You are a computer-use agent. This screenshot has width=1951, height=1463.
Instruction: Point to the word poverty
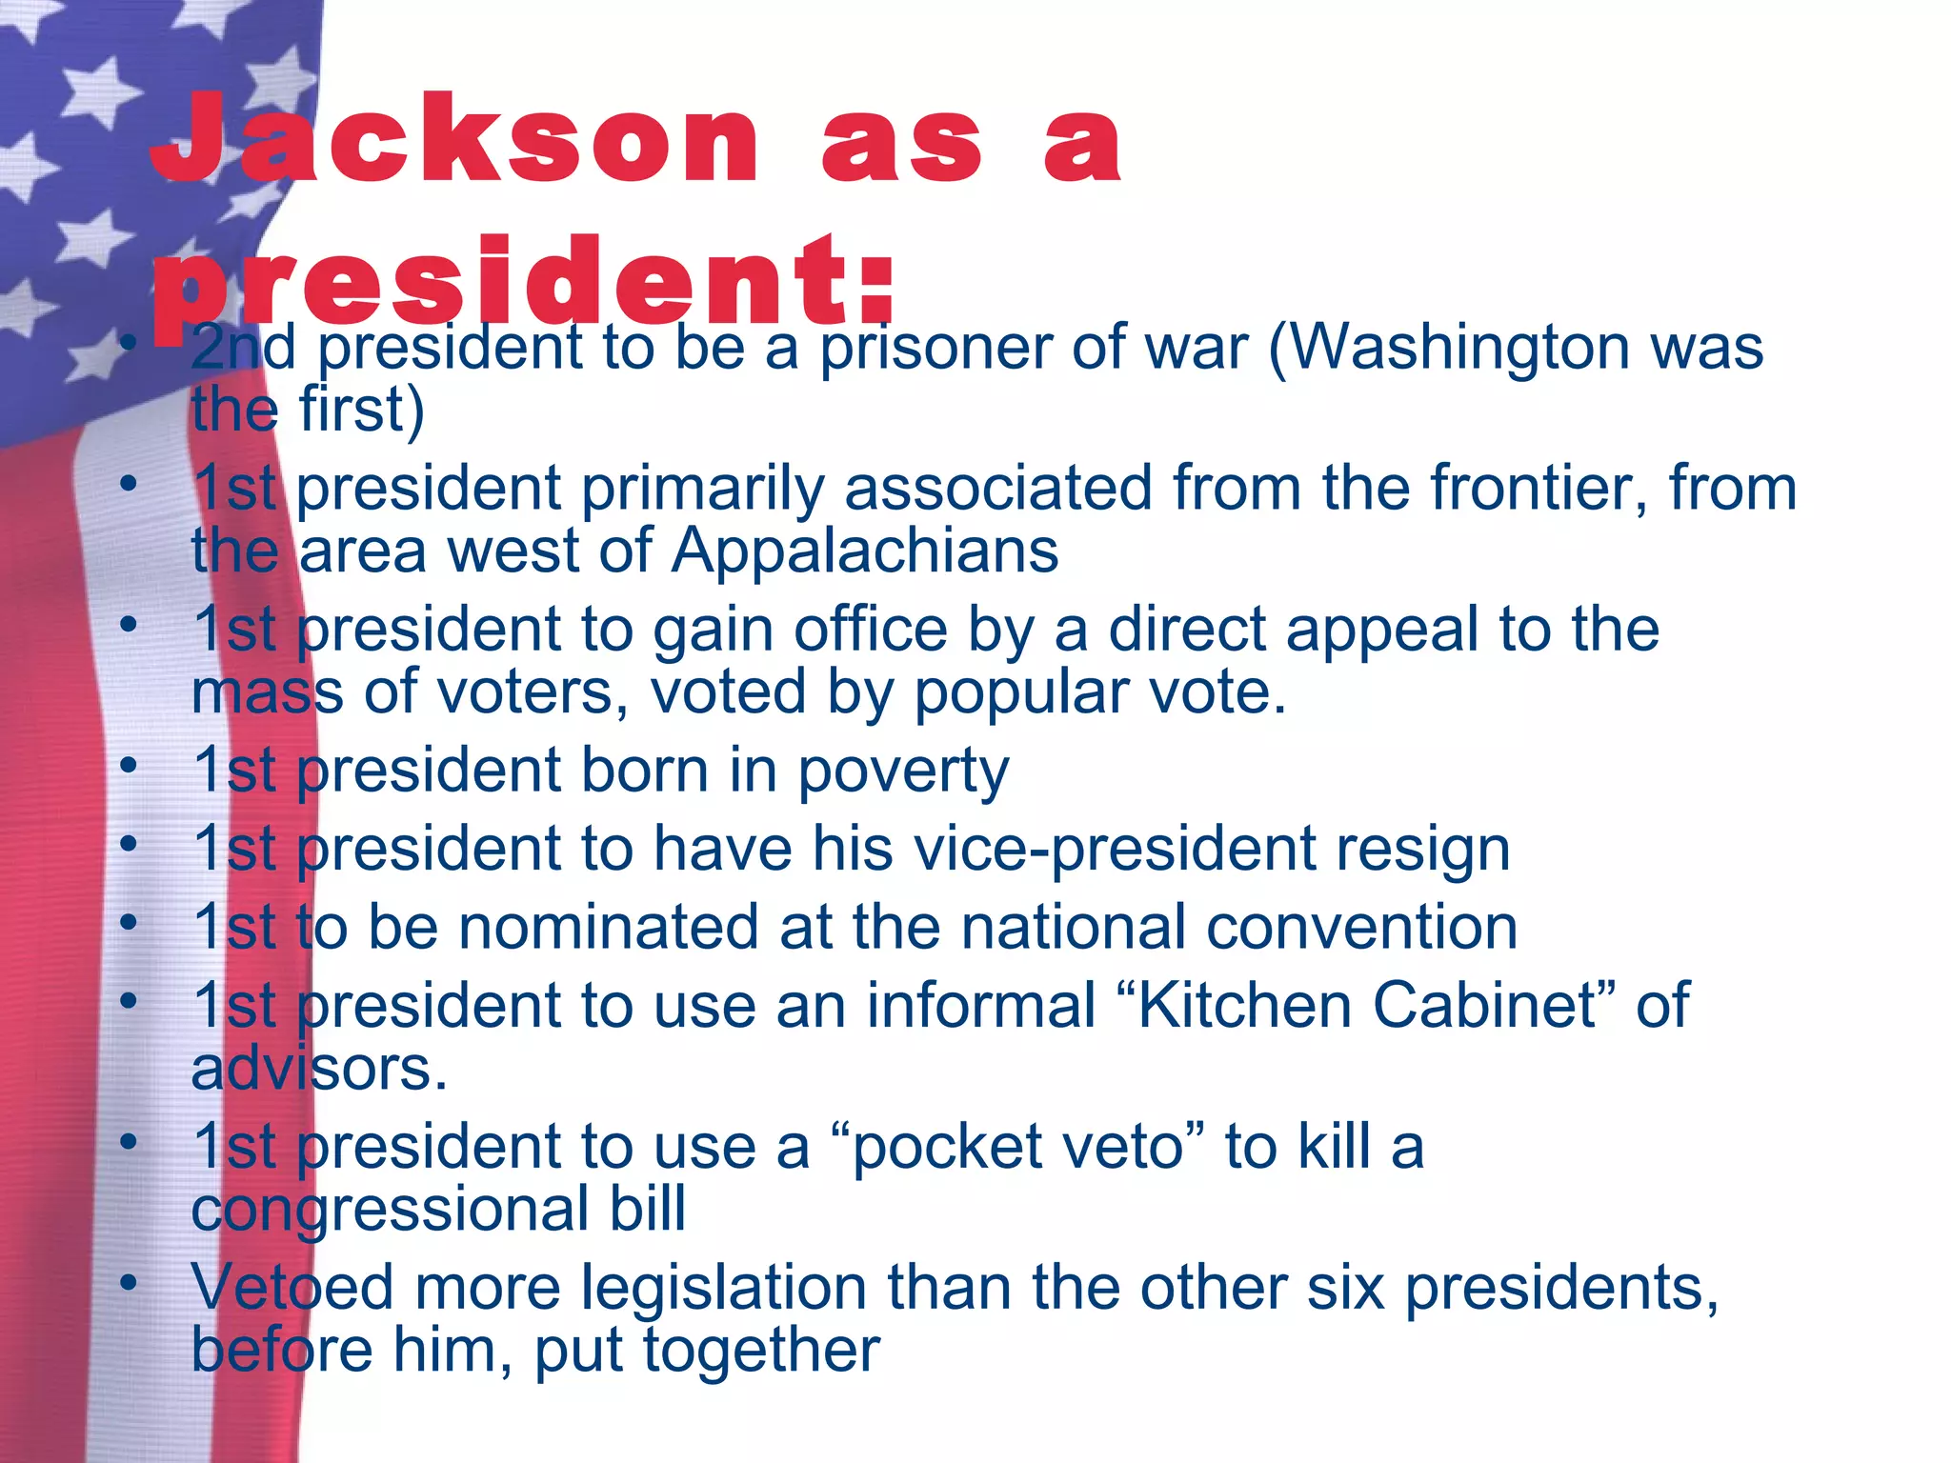902,772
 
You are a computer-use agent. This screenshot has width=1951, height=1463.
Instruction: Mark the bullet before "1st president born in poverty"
129,765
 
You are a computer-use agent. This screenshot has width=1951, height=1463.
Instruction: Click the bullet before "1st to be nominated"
129,921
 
